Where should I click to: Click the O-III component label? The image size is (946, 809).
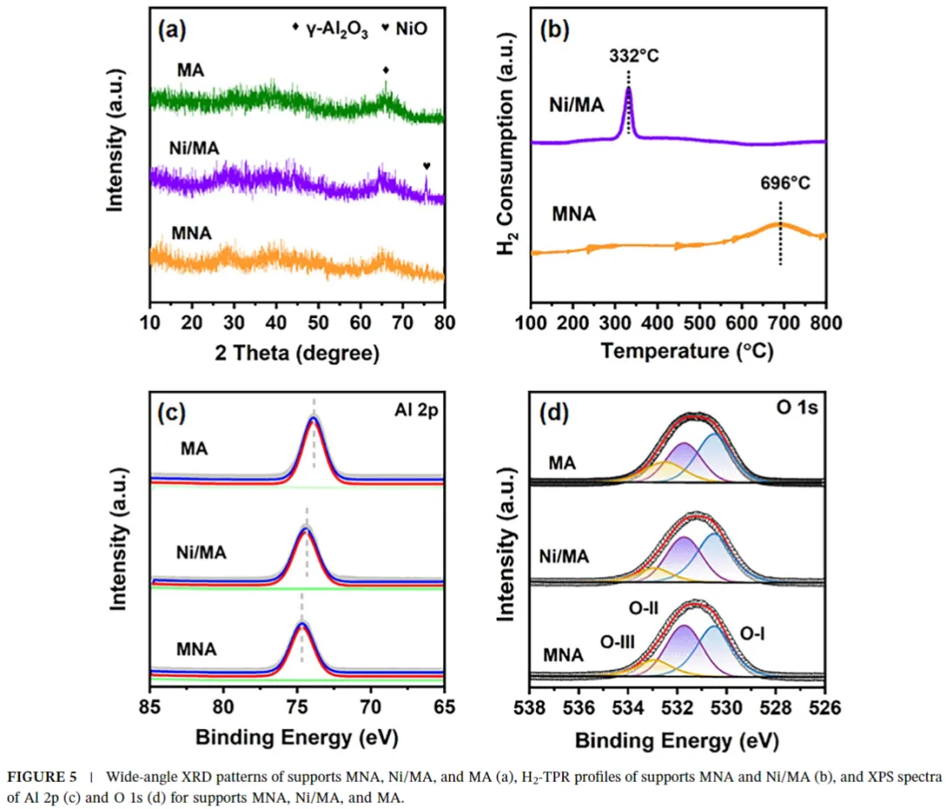tap(618, 641)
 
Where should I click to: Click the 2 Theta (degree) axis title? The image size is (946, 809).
tap(297, 353)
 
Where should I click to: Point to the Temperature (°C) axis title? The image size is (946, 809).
tap(679, 351)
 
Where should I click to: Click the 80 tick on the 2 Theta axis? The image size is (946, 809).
tap(444, 323)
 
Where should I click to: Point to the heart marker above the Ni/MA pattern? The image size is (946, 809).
tap(427, 166)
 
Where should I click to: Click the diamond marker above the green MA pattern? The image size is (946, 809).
tap(385, 69)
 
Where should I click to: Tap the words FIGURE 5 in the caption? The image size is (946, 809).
tap(40, 776)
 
